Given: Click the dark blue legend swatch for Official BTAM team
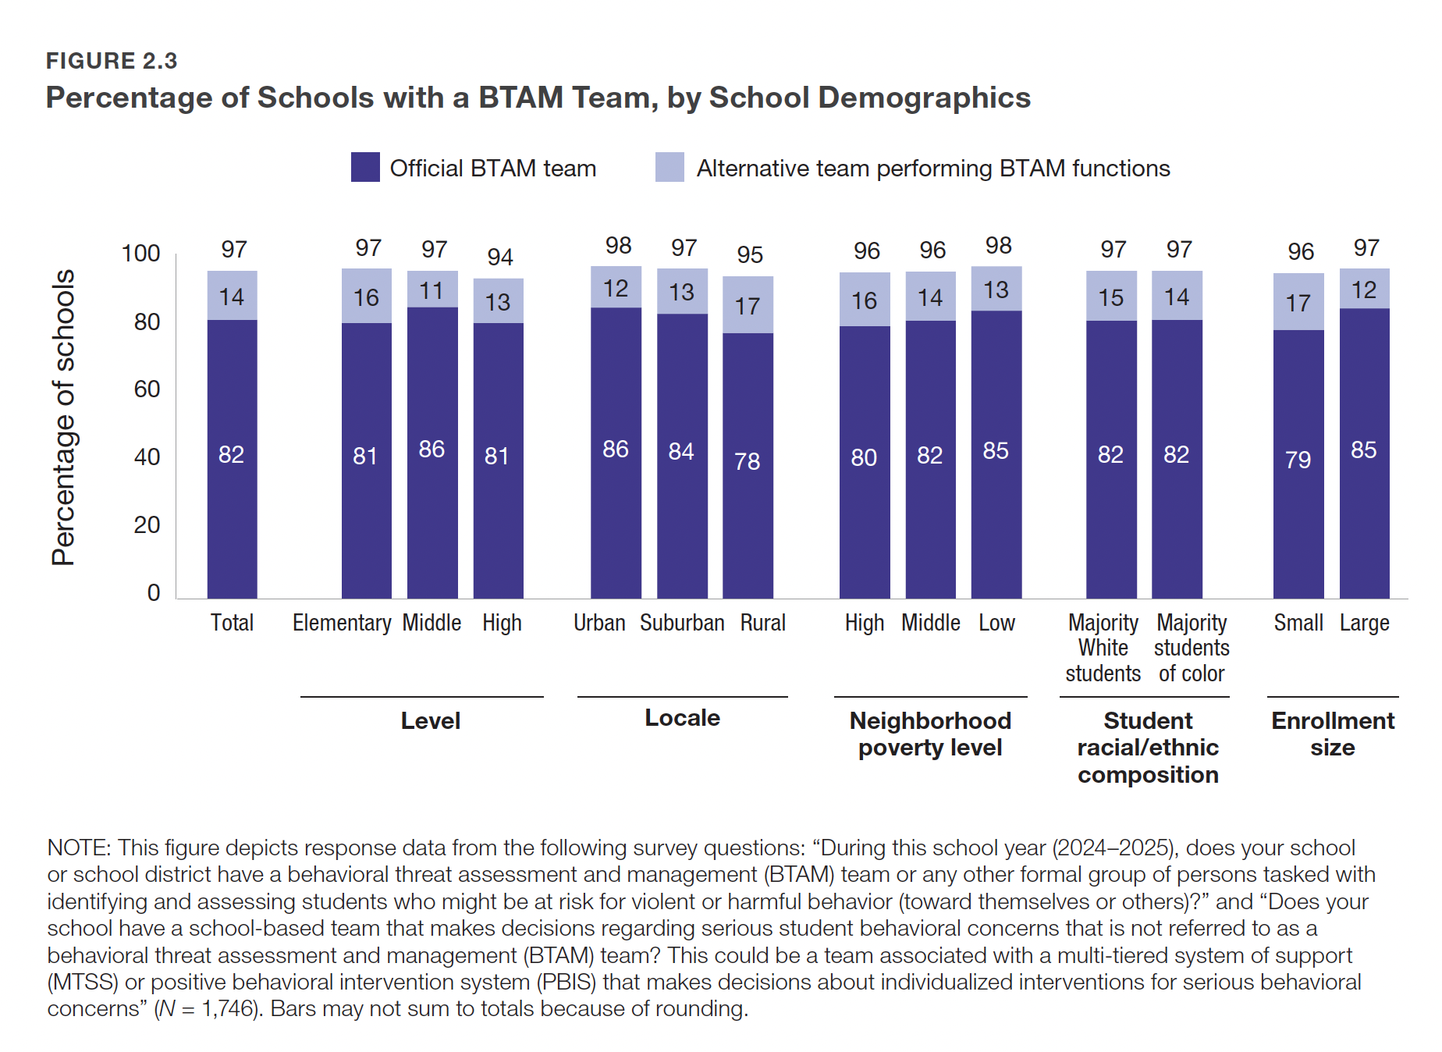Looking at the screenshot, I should pos(365,167).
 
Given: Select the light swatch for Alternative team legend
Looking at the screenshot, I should pos(669,167).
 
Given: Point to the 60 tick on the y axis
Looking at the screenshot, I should pos(147,389).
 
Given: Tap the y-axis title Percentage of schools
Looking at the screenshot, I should pos(63,418).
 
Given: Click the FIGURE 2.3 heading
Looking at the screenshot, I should pos(112,61).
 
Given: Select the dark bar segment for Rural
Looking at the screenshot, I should pos(748,465).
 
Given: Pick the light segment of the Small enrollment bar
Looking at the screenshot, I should pos(1298,302).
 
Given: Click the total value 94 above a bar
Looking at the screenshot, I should pos(500,257).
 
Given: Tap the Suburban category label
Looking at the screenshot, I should pos(682,623).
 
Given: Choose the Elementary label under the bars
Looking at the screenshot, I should pos(342,623).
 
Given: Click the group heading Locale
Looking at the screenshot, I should pos(682,718).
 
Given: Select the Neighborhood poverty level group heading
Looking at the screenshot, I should pos(930,734).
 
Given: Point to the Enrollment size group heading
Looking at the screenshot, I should pos(1333,734).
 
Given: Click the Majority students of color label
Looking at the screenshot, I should pos(1192,648).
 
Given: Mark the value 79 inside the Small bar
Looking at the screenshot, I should pos(1298,460).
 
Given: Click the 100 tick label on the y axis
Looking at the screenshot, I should pos(140,254).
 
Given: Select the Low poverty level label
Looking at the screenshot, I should pos(996,623).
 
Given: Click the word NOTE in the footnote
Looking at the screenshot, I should pos(79,848).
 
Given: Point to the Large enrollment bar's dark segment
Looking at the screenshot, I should pos(1364,453).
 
